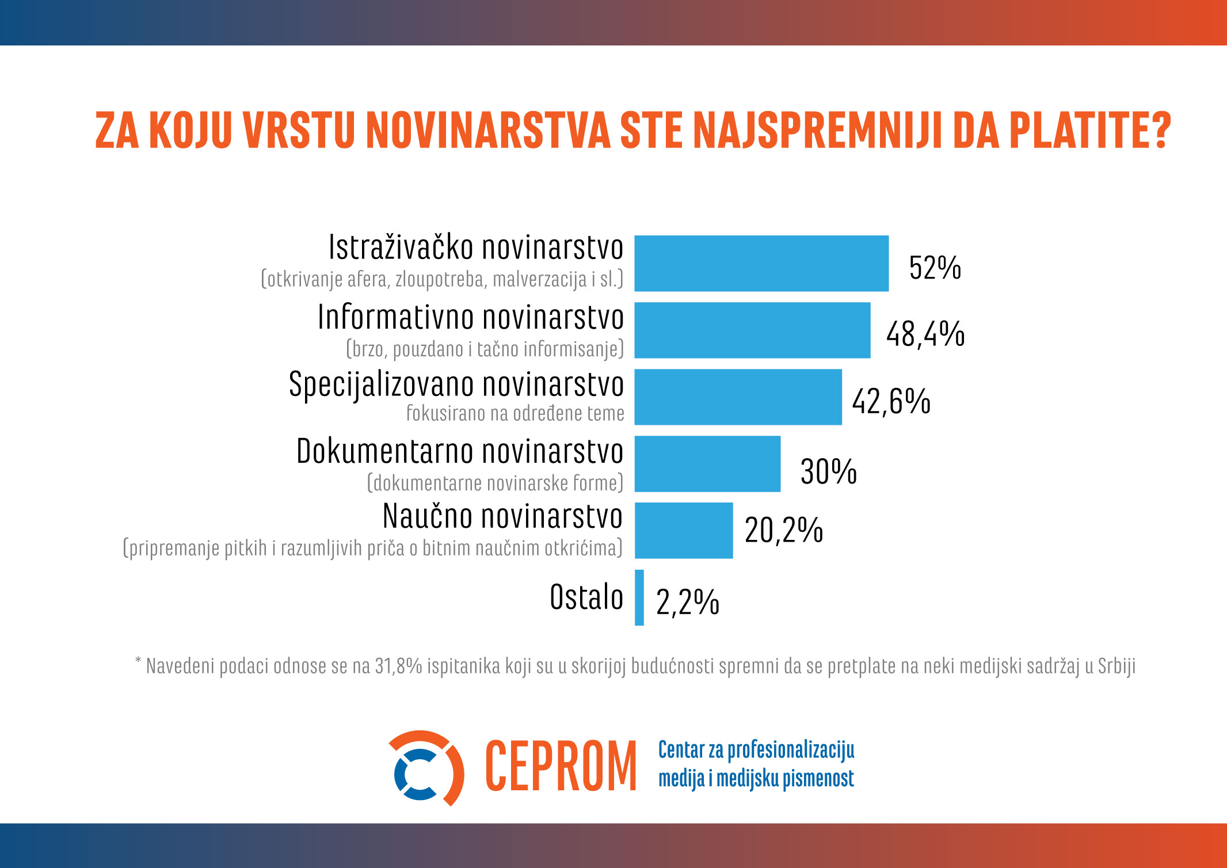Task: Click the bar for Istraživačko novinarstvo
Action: tap(761, 263)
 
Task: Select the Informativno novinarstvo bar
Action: tap(752, 330)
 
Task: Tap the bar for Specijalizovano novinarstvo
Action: tap(738, 397)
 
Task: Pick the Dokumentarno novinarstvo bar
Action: tap(707, 463)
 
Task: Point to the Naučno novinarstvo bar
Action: tap(684, 530)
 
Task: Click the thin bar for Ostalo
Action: tap(639, 597)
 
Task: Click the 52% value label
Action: tap(935, 268)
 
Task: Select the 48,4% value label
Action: tap(925, 334)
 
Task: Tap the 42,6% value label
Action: tap(891, 401)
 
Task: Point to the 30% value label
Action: tap(828, 471)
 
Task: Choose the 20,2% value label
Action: tap(783, 530)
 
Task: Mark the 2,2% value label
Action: tap(687, 602)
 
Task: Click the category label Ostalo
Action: tap(586, 597)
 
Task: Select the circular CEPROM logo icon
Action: tap(426, 768)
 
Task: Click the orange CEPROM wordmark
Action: tap(561, 767)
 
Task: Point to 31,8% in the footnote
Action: tap(398, 666)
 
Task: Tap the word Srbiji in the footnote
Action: tap(1117, 666)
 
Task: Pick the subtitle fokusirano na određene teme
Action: tap(515, 413)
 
